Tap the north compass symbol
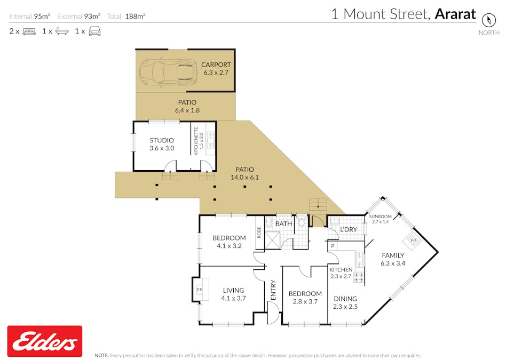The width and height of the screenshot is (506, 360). click(x=488, y=20)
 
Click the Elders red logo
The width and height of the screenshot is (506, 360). click(x=44, y=341)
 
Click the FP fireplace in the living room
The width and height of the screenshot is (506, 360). click(x=200, y=290)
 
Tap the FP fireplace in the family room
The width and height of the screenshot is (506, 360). click(x=413, y=241)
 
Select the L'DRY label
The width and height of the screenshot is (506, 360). click(x=348, y=229)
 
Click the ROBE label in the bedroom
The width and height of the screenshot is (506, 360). click(x=259, y=233)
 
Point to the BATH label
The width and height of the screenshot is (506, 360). click(x=283, y=223)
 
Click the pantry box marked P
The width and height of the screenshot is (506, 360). click(x=332, y=246)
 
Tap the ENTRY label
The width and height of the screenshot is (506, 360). click(x=273, y=290)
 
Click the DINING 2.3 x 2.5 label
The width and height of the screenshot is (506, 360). click(x=345, y=302)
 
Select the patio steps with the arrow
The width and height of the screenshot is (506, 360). click(x=318, y=203)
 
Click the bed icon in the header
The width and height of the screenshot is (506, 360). click(x=29, y=31)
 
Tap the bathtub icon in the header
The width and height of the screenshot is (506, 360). click(x=62, y=31)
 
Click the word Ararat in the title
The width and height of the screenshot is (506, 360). click(x=455, y=14)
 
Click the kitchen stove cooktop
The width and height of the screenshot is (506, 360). click(x=359, y=277)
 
